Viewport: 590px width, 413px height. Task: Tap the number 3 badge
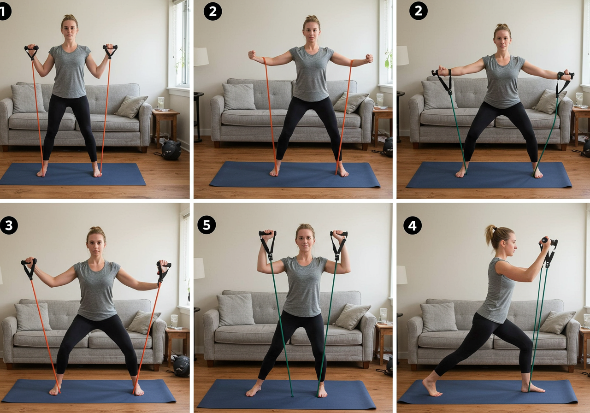pos(9,225)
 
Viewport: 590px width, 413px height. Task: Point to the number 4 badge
pos(412,225)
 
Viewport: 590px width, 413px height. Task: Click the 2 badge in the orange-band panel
pos(212,12)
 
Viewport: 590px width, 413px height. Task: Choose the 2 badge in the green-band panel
pos(418,11)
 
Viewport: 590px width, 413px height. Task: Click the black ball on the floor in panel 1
pos(171,150)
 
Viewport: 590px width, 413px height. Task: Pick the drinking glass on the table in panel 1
pos(161,103)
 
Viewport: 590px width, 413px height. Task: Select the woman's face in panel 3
pos(96,243)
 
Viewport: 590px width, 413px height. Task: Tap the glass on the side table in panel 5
pos(383,315)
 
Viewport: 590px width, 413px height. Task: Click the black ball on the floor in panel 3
pos(182,366)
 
